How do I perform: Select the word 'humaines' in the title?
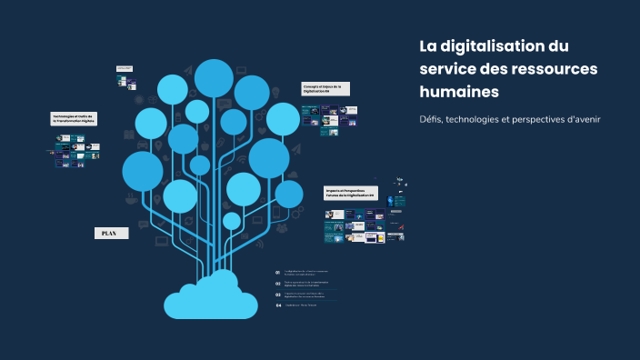coord(459,92)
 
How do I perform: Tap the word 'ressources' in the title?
coord(545,69)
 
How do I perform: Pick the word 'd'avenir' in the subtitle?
coord(582,120)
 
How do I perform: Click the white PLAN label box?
coord(109,234)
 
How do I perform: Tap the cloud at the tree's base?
coord(215,295)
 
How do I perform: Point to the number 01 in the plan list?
coord(278,272)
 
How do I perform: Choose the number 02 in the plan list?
coord(278,283)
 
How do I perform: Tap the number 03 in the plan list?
coord(278,294)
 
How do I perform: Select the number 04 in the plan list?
coord(278,305)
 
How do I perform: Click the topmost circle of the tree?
coord(215,78)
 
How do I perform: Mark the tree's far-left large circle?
coord(143,171)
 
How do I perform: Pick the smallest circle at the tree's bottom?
coord(232,221)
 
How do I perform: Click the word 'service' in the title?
coord(448,69)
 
